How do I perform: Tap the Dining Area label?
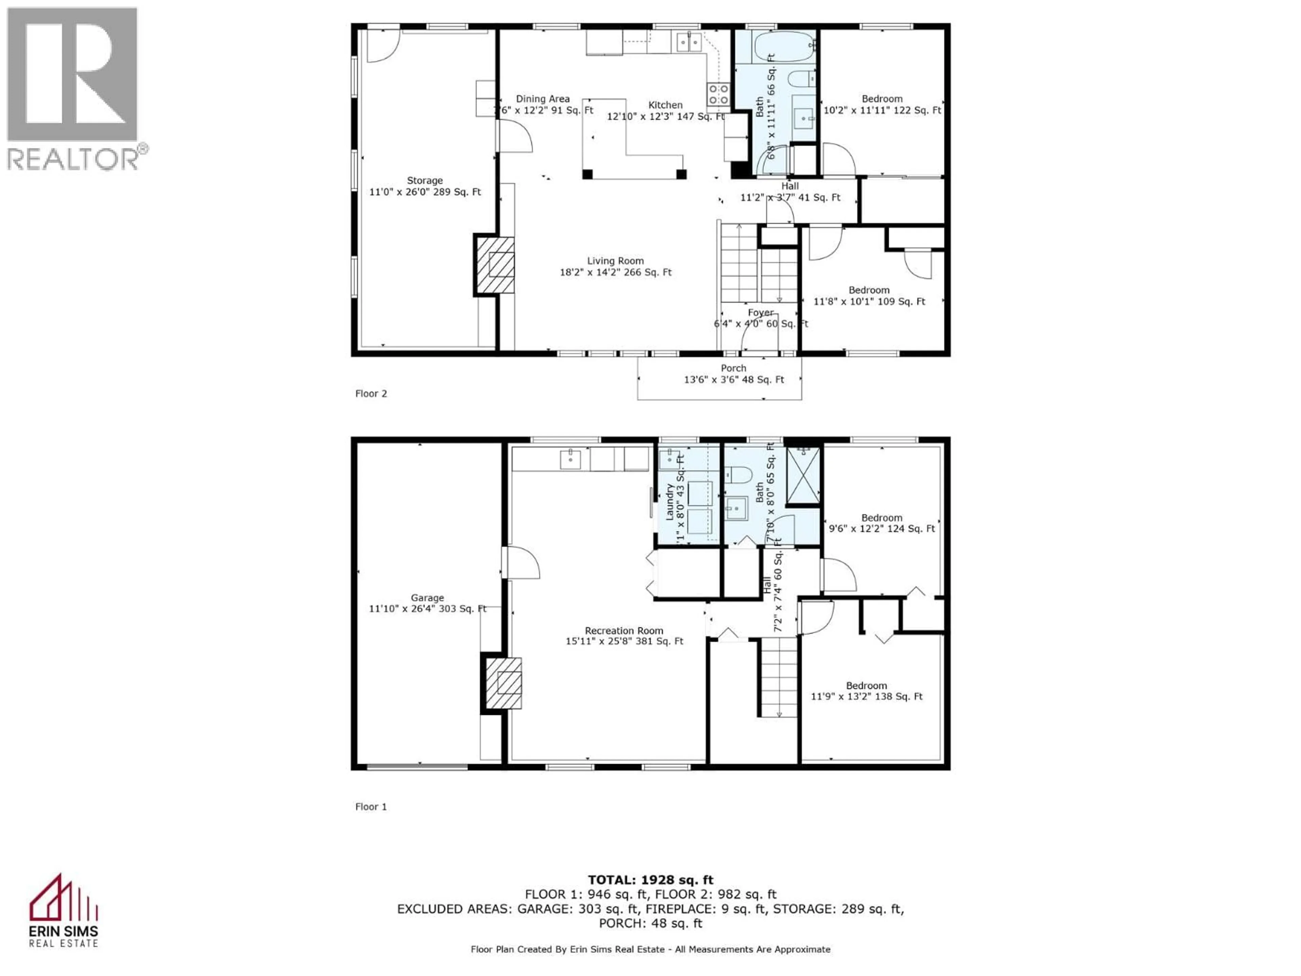coord(542,99)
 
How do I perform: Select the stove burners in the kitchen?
coord(718,95)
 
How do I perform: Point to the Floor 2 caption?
coord(371,393)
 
